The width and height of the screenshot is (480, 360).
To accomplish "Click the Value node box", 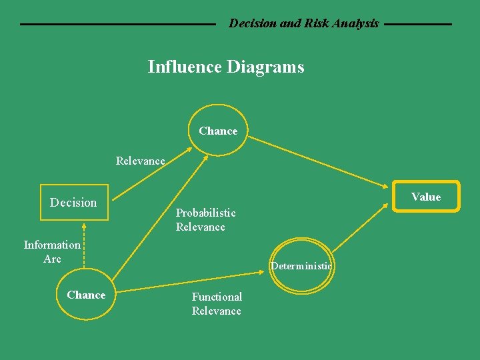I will click(425, 197).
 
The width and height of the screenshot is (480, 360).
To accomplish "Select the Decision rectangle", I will click(74, 202).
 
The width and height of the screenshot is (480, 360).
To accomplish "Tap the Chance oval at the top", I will click(218, 131).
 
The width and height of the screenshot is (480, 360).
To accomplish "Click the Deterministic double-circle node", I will click(301, 266).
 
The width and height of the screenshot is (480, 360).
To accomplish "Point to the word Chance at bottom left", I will click(86, 295).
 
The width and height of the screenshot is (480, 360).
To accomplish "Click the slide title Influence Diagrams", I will click(225, 67).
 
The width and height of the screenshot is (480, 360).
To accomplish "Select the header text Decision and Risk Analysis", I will click(303, 23).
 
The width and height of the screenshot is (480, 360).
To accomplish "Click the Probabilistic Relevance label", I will click(205, 220).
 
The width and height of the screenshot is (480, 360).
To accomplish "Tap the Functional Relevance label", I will click(217, 304).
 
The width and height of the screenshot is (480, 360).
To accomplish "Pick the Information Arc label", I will click(52, 252).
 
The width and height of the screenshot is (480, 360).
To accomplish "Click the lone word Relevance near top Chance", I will click(140, 161).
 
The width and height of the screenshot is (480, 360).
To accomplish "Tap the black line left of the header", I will click(118, 25).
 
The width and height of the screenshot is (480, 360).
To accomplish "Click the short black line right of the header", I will click(418, 25).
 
